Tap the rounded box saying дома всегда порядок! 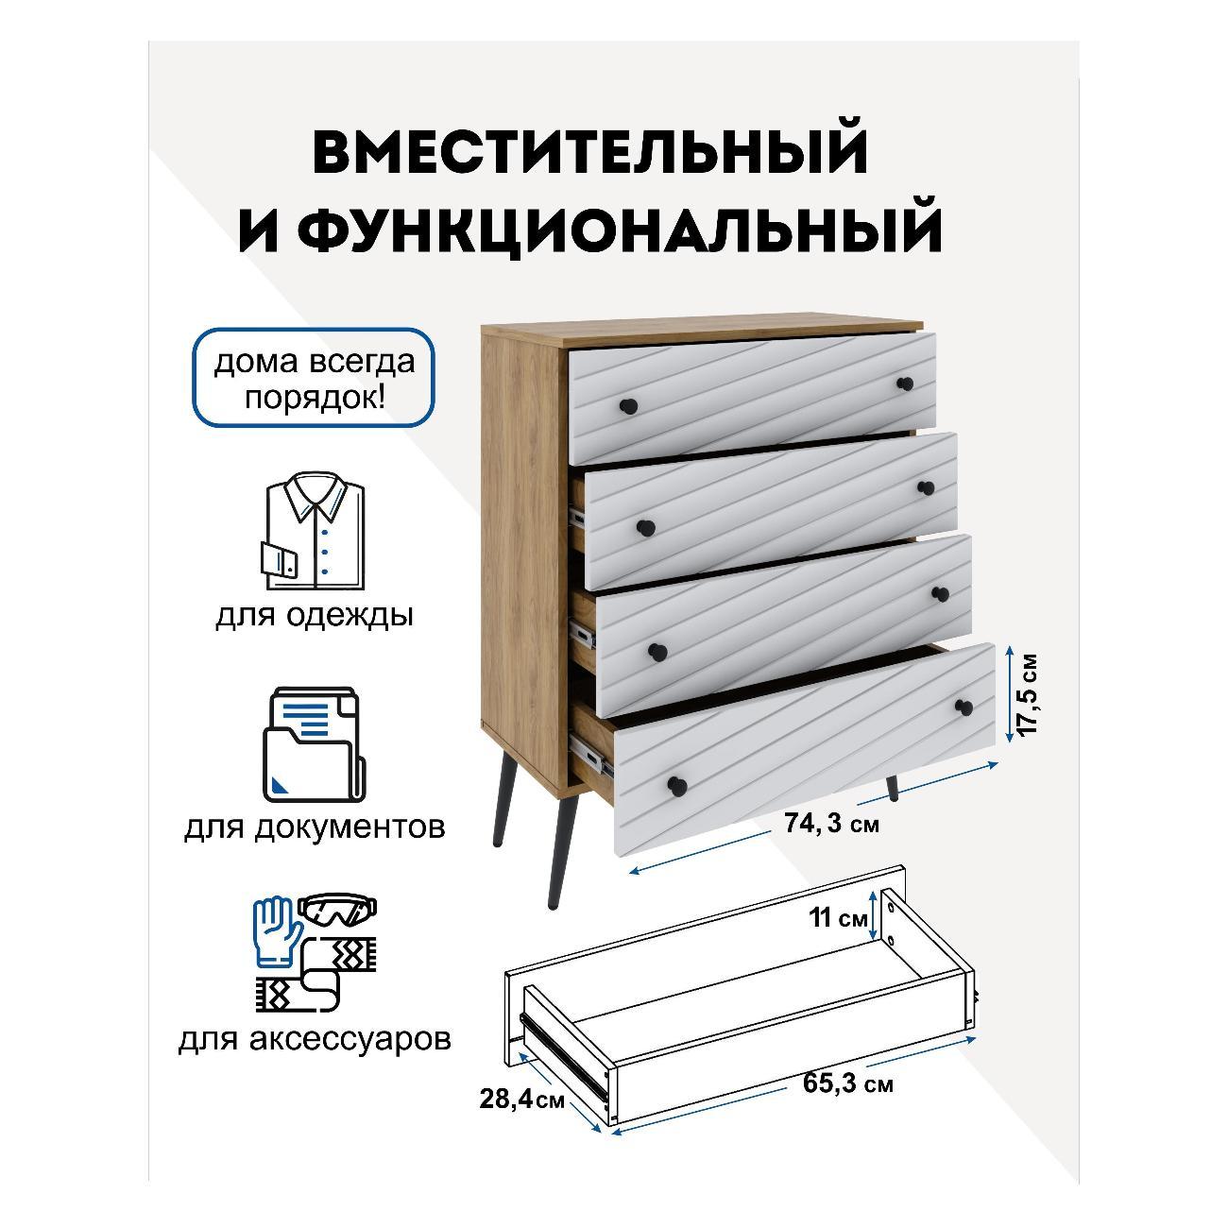314,378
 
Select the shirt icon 315,531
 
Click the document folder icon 314,744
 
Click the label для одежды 315,616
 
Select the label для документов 315,827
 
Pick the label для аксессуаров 315,1038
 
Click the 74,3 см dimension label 831,824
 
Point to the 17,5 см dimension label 1027,694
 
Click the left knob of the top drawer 629,405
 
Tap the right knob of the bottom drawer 964,706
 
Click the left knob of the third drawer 657,651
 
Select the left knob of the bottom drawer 676,786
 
